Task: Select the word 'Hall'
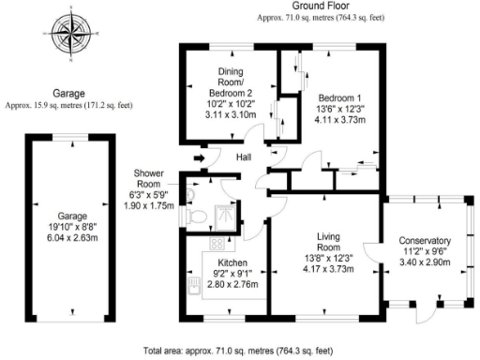pyautogui.click(x=244, y=157)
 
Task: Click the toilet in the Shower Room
pyautogui.click(x=195, y=215)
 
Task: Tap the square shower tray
pyautogui.click(x=225, y=217)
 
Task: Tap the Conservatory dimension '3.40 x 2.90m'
pyautogui.click(x=425, y=263)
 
